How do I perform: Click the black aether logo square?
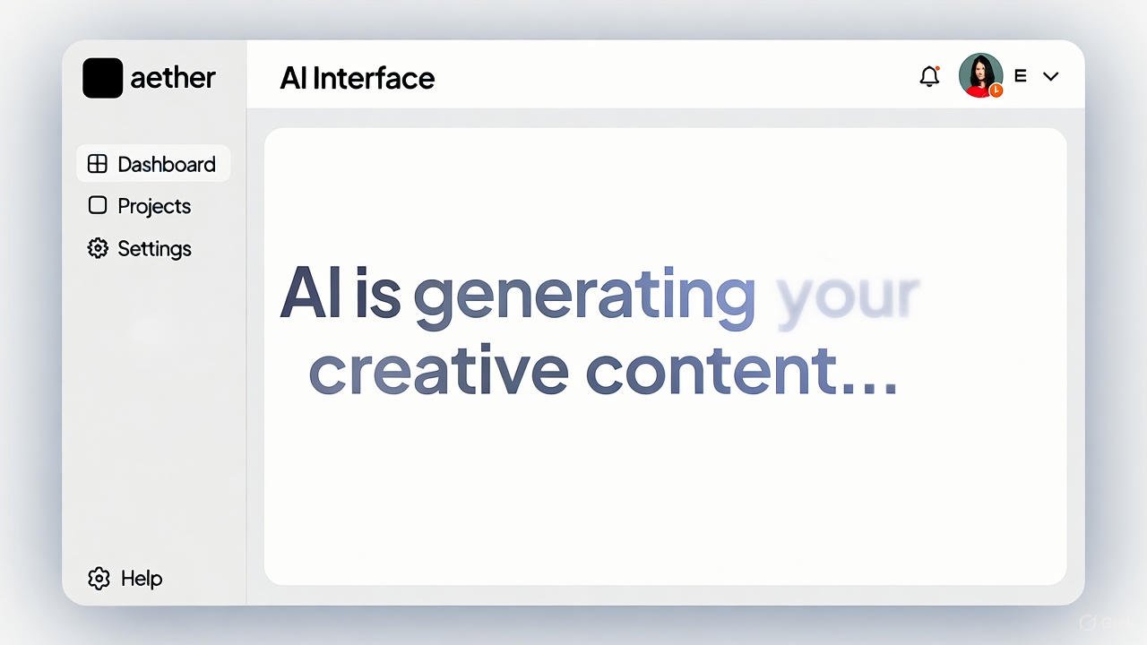click(102, 78)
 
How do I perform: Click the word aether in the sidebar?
click(173, 78)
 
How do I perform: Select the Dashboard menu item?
click(167, 164)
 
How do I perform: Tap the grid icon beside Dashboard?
click(98, 164)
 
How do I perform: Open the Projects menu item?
click(154, 206)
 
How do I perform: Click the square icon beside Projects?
click(98, 205)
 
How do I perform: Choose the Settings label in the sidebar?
click(154, 248)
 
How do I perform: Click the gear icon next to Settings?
click(98, 248)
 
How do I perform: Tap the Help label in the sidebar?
click(142, 579)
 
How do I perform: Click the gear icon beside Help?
click(99, 579)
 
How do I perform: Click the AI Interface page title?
click(357, 78)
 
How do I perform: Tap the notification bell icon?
click(929, 77)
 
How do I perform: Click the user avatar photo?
click(979, 74)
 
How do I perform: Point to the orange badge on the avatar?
click(996, 90)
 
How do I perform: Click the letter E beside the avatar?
click(1020, 76)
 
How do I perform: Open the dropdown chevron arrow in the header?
click(1051, 76)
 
